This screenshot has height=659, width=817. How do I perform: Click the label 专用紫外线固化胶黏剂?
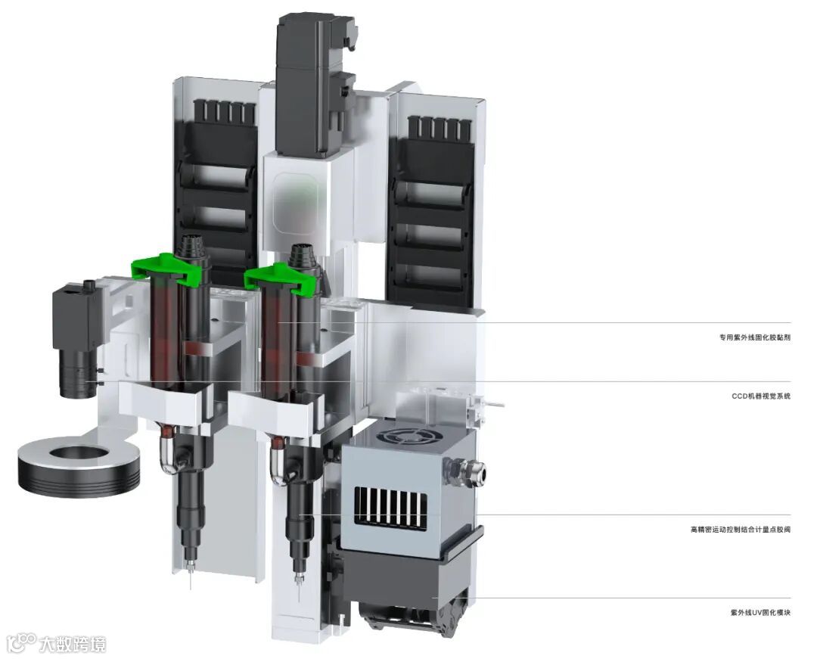tap(755, 337)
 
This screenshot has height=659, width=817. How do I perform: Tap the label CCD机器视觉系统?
tap(761, 396)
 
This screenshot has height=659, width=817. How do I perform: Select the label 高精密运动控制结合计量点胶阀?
tap(741, 530)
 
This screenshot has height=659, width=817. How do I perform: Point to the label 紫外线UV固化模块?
tap(761, 613)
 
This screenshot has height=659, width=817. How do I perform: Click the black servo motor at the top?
tap(315, 83)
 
